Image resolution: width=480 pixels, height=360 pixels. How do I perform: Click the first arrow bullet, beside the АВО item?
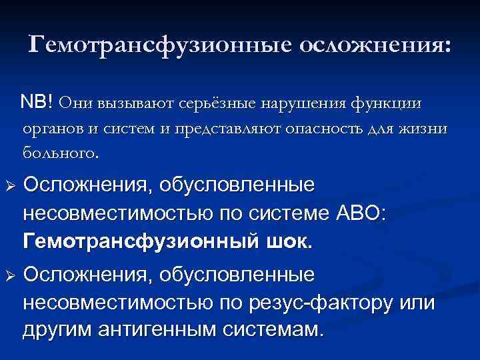pos(11,185)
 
